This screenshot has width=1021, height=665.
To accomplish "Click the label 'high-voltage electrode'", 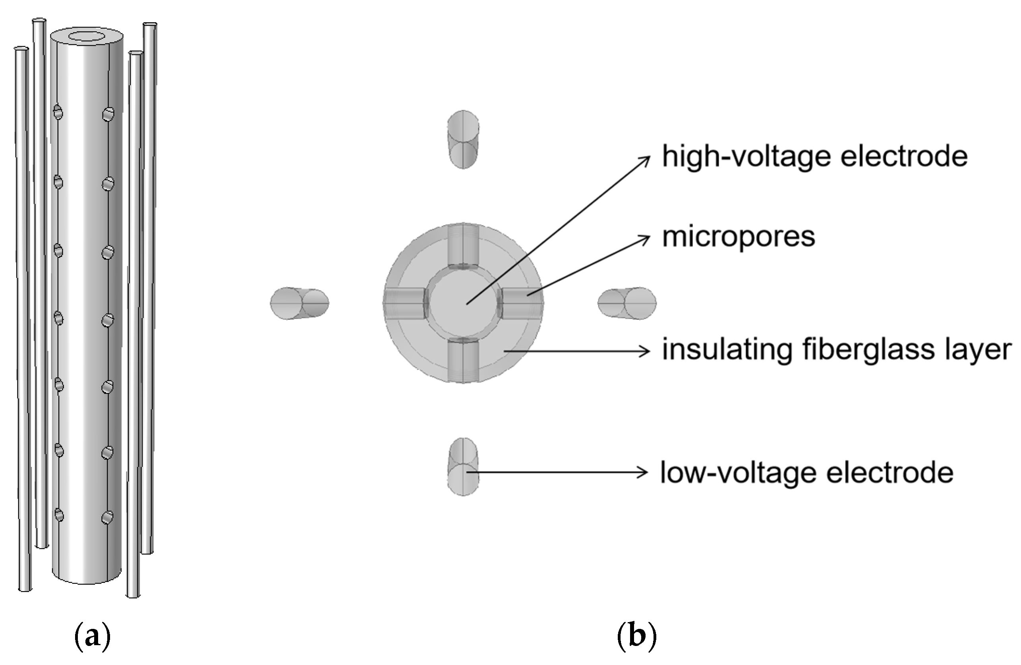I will [x=815, y=156].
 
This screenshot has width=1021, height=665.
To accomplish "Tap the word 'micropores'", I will [x=738, y=237].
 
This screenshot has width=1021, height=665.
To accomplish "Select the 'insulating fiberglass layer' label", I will [x=837, y=350].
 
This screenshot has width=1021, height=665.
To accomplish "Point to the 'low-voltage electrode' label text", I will [x=806, y=472].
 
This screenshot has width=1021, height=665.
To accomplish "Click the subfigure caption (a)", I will [x=93, y=637].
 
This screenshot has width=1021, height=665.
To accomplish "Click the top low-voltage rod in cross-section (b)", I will [x=463, y=140].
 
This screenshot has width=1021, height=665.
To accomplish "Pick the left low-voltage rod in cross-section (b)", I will [x=300, y=303].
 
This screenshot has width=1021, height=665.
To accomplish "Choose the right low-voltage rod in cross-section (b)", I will [x=627, y=303].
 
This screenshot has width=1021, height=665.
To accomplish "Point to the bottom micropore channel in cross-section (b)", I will [x=463, y=360].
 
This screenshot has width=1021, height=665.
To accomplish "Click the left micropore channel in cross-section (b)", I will [x=404, y=303].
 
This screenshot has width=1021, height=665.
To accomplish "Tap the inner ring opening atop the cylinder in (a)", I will [x=87, y=37].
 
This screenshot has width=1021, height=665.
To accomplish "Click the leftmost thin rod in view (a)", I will [x=23, y=317].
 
